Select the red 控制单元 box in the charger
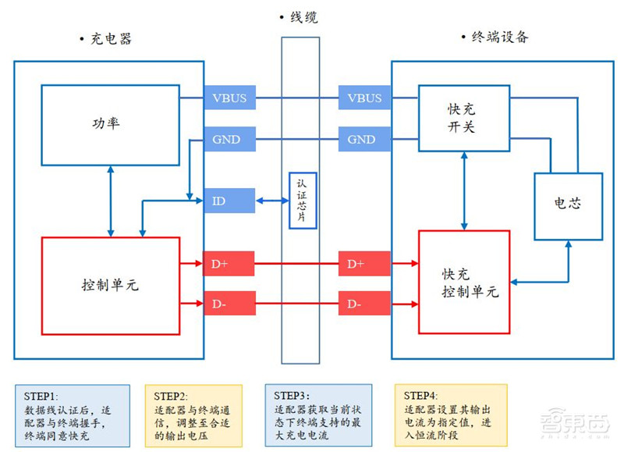(110, 285)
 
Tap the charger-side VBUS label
(229, 98)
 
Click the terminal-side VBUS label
(364, 98)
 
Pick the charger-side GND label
(229, 140)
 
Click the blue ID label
(229, 201)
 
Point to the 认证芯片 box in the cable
(303, 201)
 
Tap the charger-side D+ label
(229, 264)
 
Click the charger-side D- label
(229, 303)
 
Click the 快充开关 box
(463, 118)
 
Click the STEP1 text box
(72, 414)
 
